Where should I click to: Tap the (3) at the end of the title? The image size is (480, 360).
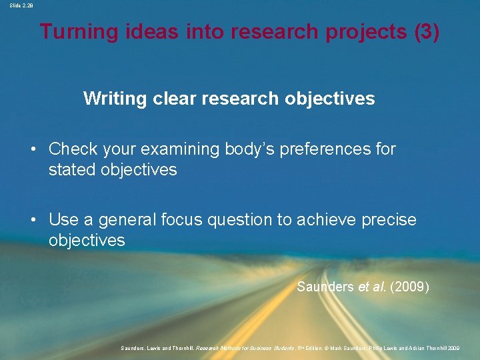tap(427, 32)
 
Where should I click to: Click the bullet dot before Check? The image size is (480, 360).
tap(33, 149)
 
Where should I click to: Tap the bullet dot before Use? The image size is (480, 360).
tap(33, 220)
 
